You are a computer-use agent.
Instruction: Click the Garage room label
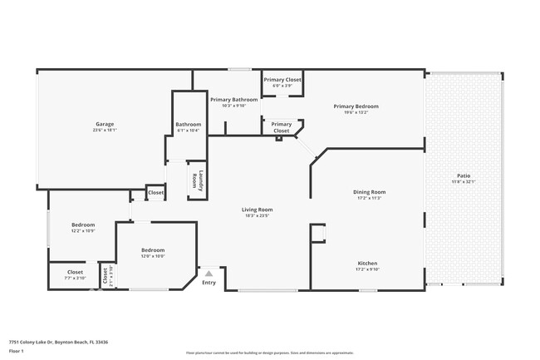coord(104,124)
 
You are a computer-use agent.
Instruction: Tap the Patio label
coord(464,175)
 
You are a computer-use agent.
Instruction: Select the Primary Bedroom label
coord(356,106)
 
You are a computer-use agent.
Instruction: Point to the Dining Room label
coord(371,192)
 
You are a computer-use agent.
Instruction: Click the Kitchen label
coord(367,264)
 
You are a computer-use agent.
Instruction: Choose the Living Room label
coord(258,210)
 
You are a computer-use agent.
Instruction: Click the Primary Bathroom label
coord(233,100)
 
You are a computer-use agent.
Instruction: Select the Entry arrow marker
coord(209,273)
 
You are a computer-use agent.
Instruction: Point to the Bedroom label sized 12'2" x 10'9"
coord(83,224)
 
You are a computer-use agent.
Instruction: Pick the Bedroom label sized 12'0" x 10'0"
coord(153,250)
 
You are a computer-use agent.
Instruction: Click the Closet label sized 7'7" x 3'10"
coord(75,272)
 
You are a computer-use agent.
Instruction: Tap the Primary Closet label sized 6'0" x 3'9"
coord(282,80)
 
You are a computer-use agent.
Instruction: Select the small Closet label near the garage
coord(155,193)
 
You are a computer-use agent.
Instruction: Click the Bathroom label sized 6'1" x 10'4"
coord(189,125)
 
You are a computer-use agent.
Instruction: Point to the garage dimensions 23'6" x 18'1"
coord(104,130)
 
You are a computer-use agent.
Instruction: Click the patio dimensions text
coord(464,181)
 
